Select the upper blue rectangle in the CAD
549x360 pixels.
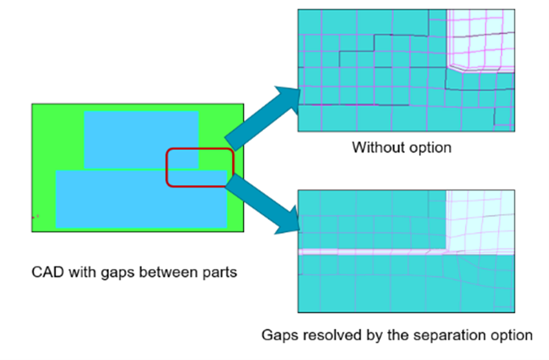(x=141, y=138)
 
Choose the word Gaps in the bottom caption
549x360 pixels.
(x=277, y=335)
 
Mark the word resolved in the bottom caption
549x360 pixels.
(x=323, y=335)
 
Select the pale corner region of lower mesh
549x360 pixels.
(x=482, y=217)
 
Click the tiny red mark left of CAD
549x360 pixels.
(x=37, y=217)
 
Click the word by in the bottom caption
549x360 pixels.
(x=361, y=336)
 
